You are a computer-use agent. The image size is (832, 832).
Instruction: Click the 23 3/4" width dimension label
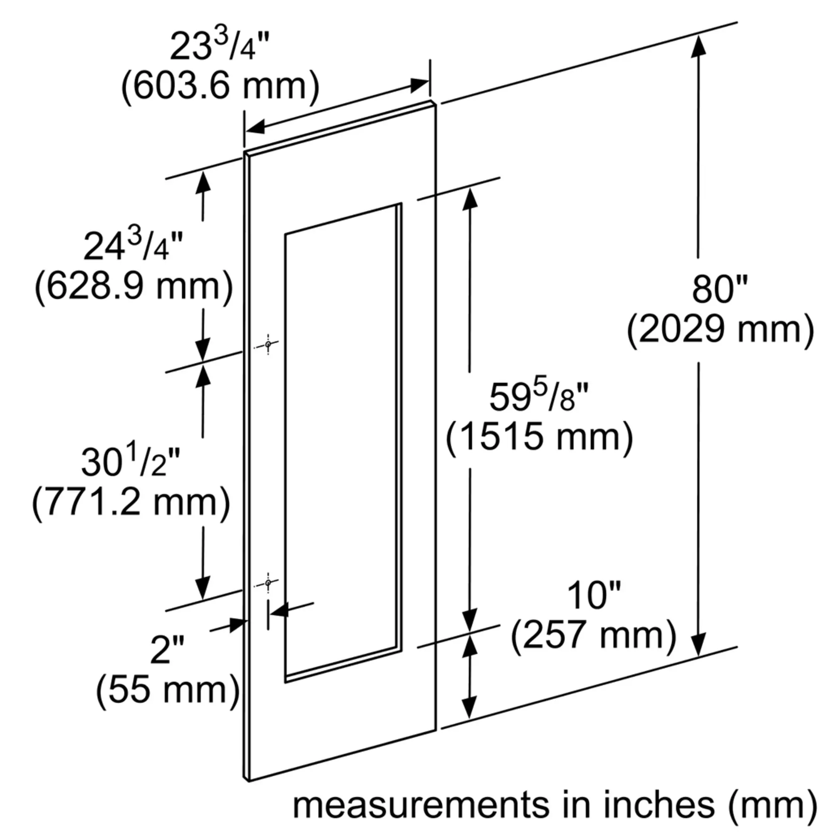click(220, 46)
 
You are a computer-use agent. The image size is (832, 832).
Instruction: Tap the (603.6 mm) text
click(220, 86)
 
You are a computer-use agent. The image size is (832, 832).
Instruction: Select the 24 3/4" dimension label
click(133, 245)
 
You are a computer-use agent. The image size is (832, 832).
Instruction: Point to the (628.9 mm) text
click(134, 286)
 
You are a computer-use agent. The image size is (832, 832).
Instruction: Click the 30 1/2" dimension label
click(131, 461)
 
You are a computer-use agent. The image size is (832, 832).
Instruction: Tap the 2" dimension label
click(167, 649)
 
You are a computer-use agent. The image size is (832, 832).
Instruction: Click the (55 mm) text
click(168, 690)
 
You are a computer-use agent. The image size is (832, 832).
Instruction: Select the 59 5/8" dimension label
click(539, 396)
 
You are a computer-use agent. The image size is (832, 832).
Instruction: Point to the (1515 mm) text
click(539, 437)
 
